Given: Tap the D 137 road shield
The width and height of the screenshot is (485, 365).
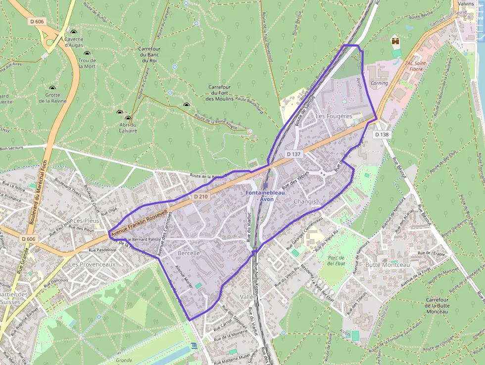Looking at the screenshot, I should click(x=293, y=155).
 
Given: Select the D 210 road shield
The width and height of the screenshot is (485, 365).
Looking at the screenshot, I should click(x=201, y=197).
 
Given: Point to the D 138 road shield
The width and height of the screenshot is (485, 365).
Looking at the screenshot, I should click(x=382, y=134).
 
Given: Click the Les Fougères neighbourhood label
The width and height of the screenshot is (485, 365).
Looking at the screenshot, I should click(x=334, y=116).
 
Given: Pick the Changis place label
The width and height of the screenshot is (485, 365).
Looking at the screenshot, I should click(x=304, y=202).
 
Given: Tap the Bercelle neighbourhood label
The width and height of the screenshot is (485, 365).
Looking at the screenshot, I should click(x=188, y=253).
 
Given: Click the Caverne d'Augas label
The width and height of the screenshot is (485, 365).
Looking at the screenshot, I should click(x=74, y=42).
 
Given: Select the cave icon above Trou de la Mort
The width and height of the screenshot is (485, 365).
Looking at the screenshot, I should click(x=87, y=53).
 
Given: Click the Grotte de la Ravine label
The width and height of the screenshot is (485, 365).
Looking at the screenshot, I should click(x=52, y=98).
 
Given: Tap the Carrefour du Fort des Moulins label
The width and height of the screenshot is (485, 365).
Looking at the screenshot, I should click(x=220, y=93).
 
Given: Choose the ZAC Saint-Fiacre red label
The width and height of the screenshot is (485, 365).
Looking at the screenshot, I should click(x=416, y=66).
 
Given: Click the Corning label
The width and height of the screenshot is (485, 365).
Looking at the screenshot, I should click(x=380, y=83).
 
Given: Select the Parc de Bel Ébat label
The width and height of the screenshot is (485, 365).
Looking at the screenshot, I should click(x=336, y=261).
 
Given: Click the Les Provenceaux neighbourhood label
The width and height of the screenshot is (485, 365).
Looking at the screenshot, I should click(x=92, y=264).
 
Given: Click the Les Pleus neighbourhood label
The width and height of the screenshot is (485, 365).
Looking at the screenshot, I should click(x=86, y=220).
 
